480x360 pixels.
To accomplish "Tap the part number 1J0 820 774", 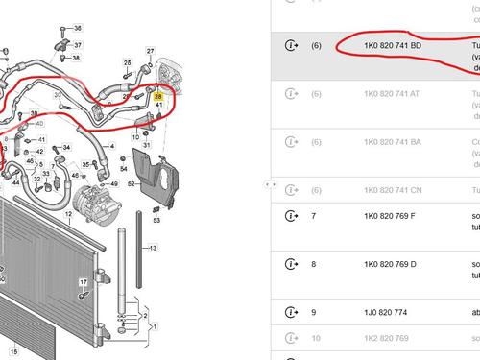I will coord(375,313).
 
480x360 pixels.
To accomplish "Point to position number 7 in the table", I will coord(313,216).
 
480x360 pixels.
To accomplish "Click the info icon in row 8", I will coord(291,262).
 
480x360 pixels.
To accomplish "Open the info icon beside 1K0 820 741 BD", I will coord(291,45).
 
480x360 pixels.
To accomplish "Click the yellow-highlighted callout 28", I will coord(158,94).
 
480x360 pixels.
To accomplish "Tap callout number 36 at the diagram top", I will coord(77,28).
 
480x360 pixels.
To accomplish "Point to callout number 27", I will coord(150,50).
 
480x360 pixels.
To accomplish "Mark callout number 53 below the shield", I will coord(156,220).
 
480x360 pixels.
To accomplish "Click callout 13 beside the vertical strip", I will coord(152,248).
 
